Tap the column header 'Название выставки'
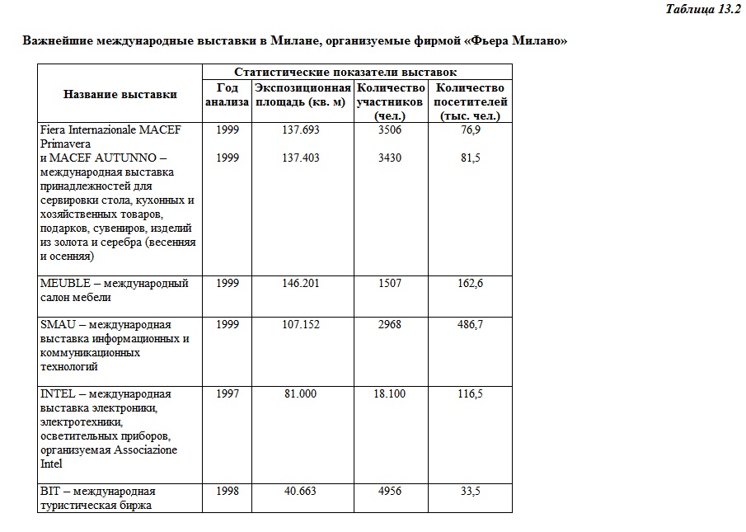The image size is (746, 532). [120, 94]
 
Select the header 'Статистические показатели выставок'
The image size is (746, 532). [345, 73]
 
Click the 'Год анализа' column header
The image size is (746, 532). [227, 95]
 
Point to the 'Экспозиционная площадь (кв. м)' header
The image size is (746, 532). [303, 95]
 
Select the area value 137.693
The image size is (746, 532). [301, 130]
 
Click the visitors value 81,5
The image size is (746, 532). [470, 158]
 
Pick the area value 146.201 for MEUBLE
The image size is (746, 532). [301, 283]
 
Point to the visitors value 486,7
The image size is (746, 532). [470, 324]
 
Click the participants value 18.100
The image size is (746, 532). [389, 393]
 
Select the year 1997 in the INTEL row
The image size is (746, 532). [228, 393]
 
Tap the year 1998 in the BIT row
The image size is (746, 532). [228, 491]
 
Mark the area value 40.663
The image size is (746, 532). [301, 491]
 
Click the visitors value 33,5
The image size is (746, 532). [470, 491]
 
